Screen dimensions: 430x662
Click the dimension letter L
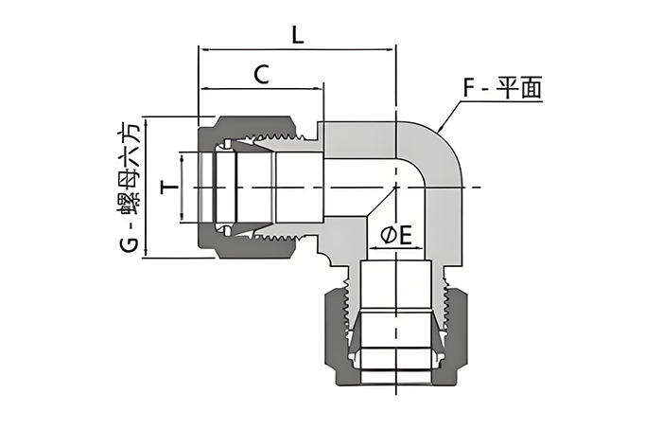(297, 35)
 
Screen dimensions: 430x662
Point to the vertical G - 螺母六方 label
(130, 188)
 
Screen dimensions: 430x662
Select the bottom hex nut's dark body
(337, 331)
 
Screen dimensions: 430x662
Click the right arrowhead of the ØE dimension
(420, 249)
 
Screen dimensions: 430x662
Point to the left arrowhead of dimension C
(201, 88)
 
